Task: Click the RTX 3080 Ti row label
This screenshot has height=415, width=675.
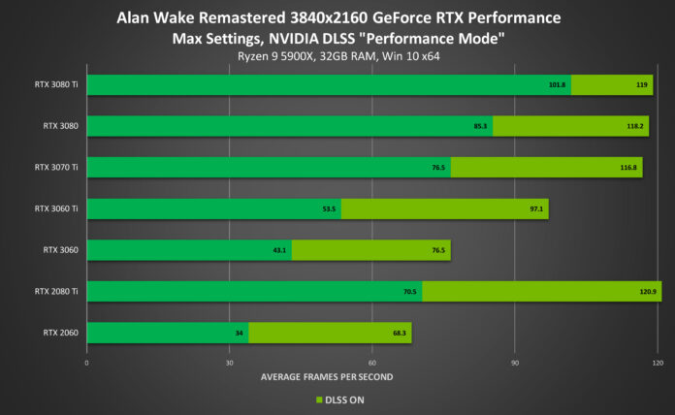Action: coord(55,83)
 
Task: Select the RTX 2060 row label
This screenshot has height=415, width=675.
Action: coord(61,333)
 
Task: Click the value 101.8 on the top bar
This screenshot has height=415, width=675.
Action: coord(556,84)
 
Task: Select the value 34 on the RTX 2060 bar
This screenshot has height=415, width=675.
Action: coord(238,334)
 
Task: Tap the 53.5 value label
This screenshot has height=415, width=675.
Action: coord(328,208)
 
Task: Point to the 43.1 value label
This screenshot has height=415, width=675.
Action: coord(279,250)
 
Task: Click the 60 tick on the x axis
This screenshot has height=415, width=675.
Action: coord(372,363)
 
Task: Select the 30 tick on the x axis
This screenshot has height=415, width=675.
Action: coord(230,363)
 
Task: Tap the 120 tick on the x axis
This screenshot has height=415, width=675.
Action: coord(657,363)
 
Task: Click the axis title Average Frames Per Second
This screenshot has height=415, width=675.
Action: coord(327,376)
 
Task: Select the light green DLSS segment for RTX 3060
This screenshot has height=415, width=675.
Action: coord(370,250)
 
